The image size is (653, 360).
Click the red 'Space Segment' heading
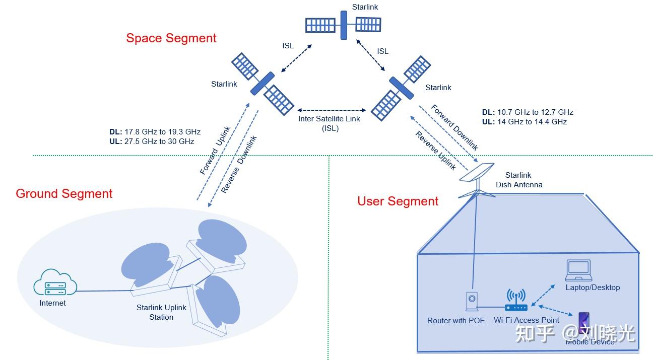[171, 38]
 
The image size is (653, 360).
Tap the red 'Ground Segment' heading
[64, 194]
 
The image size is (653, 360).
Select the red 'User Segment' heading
[398, 201]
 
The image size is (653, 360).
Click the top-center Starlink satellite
[344, 24]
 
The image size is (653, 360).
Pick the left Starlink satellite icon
[263, 85]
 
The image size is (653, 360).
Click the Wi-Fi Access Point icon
[516, 302]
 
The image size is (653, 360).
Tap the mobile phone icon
[583, 322]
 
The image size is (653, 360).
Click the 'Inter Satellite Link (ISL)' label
[330, 123]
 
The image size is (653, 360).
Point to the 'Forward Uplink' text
[215, 150]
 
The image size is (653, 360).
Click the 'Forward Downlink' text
[454, 127]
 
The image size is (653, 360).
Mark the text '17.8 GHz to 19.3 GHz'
[162, 132]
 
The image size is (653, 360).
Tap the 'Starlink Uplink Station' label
[161, 312]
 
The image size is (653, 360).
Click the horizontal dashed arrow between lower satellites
[331, 110]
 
